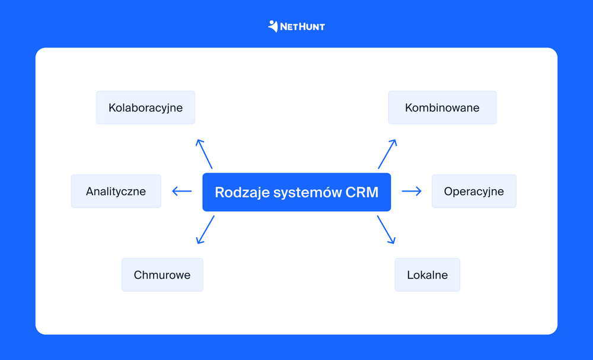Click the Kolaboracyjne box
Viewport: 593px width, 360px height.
[x=145, y=107]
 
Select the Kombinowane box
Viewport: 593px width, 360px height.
[x=442, y=107]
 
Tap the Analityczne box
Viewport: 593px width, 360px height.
[x=116, y=191]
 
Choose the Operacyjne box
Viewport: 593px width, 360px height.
[x=474, y=191]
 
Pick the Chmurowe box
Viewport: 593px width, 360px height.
[x=162, y=275]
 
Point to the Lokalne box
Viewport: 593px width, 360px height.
[x=427, y=275]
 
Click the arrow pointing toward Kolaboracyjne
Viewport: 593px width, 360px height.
[x=205, y=154]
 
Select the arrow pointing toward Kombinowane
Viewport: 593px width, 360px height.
[x=387, y=154]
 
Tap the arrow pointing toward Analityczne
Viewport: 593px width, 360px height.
[x=182, y=191]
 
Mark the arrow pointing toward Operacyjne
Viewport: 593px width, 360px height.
[x=412, y=191]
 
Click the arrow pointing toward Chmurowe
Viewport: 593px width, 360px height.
[x=205, y=230]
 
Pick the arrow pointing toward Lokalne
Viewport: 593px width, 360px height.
[x=385, y=230]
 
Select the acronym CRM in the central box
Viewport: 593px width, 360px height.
[x=362, y=192]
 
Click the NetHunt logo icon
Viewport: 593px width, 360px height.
[x=273, y=26]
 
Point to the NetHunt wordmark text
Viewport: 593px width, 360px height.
[x=302, y=27]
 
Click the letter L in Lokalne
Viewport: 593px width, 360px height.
[x=410, y=275]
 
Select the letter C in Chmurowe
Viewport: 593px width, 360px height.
[x=138, y=275]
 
